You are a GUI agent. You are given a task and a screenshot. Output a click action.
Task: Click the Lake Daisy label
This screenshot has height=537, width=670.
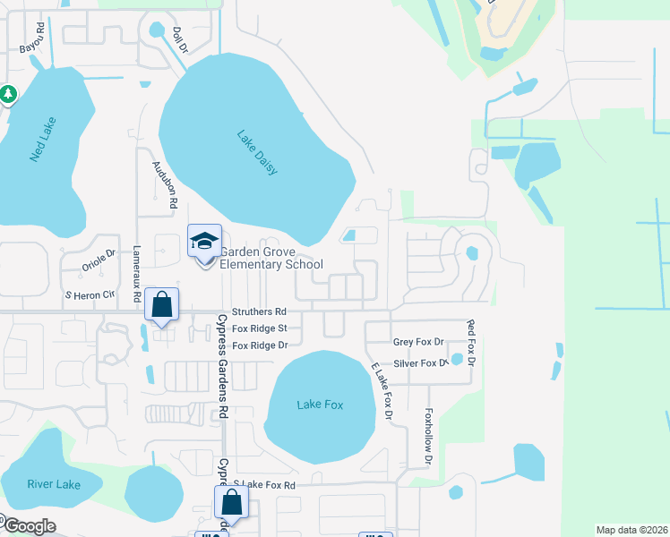258,153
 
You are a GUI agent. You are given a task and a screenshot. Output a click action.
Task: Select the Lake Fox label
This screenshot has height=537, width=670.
320,405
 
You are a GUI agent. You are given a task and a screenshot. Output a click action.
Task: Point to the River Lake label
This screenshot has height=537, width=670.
54,485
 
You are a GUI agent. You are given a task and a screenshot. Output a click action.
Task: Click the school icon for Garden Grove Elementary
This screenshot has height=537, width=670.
204,242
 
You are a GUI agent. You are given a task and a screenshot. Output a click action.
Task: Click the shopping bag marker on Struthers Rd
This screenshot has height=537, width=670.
161,305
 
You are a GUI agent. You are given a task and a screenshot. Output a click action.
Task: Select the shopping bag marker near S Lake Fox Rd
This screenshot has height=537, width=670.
231,503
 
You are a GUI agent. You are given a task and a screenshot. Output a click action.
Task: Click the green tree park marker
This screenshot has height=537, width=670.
8,93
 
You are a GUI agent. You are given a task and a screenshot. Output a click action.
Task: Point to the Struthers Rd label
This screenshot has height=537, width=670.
259,312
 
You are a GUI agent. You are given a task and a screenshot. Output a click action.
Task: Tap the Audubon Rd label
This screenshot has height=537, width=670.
166,184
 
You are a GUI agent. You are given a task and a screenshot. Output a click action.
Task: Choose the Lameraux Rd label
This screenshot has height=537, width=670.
137,272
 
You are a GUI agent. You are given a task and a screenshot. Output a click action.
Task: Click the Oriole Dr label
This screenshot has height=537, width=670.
99,259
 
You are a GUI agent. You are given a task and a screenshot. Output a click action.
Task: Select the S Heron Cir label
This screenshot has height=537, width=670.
90,294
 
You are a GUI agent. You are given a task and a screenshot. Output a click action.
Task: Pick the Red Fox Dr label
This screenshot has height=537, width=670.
468,341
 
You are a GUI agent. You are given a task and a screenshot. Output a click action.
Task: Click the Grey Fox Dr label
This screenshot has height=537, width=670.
418,343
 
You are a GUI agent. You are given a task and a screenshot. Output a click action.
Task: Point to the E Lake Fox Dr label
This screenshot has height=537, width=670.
382,390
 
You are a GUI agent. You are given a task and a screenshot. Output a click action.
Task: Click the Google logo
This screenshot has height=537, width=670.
29,526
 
